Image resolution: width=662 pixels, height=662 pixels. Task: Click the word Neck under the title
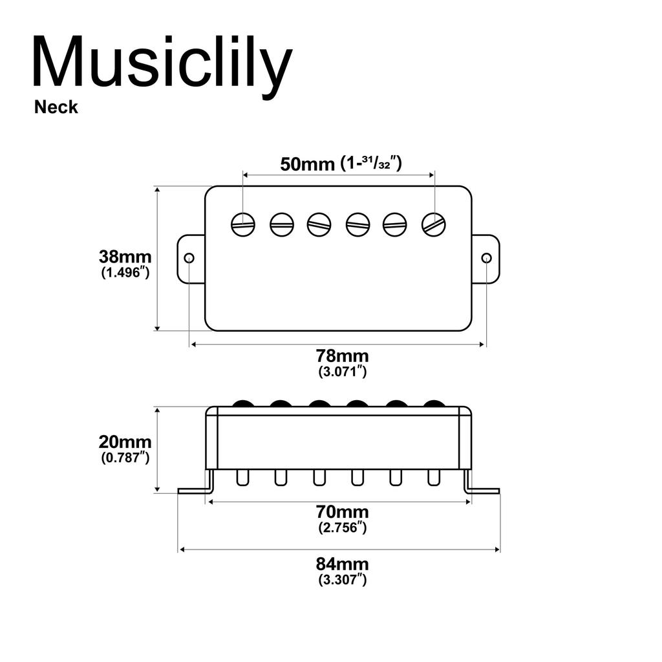(56, 107)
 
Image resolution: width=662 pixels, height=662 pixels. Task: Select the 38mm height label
(125, 256)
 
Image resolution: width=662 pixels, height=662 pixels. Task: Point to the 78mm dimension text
(342, 355)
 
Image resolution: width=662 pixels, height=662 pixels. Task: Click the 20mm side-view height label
(125, 442)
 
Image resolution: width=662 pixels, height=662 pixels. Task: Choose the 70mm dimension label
(342, 511)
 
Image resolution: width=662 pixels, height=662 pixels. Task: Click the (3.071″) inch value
(342, 372)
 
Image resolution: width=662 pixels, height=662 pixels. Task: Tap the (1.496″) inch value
(125, 272)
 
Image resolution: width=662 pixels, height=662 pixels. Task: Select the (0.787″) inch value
(125, 458)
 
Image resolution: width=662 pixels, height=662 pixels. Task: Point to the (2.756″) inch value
(342, 528)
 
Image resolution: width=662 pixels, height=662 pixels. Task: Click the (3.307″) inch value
(342, 579)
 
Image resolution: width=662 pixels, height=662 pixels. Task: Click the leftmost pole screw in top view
(243, 224)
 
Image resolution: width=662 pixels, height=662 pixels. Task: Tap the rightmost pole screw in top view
(434, 224)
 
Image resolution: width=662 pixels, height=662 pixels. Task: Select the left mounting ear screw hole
(189, 258)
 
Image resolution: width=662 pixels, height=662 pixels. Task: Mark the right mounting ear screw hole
(487, 258)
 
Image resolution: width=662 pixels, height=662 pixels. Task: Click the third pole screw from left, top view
(319, 224)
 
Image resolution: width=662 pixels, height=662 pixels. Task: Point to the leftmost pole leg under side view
(243, 478)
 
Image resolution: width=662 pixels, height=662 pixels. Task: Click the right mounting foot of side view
(482, 490)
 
